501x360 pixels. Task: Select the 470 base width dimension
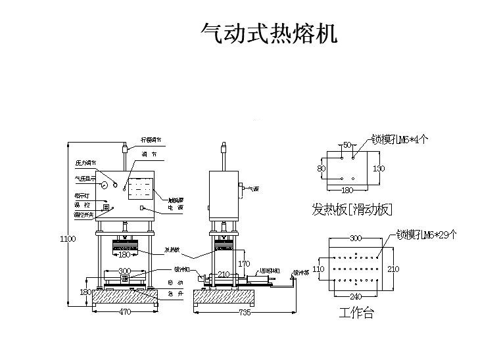pos(124,312)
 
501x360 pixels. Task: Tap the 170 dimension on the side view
pos(244,263)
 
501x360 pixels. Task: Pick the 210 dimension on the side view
pos(224,274)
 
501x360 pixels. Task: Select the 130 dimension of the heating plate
pos(379,168)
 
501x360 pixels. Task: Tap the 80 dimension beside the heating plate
pos(322,168)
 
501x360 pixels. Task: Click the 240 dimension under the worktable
pos(355,296)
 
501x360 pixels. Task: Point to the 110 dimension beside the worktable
pos(318,269)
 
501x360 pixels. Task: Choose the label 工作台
pos(356,313)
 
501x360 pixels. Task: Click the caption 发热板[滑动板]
pos(352,210)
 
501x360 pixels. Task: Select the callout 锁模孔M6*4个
pos(400,139)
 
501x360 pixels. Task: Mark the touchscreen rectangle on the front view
pos(138,189)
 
